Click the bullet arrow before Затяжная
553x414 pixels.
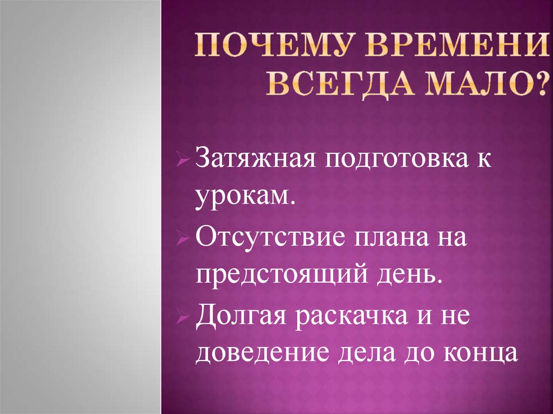coord(183,161)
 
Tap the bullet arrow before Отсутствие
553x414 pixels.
coord(183,238)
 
